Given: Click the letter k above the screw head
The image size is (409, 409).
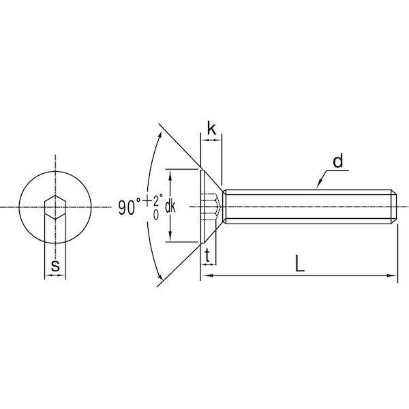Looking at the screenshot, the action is [211, 128].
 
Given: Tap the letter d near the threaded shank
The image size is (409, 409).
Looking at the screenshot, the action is [338, 161].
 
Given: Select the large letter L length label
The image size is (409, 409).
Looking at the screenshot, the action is [300, 263].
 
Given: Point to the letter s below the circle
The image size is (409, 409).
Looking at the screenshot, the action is [55, 266].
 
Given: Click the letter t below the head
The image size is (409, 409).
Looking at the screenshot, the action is [208, 256].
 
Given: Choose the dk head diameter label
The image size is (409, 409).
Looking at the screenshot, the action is [170, 207].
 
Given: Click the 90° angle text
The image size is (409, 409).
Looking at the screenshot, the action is [130, 207].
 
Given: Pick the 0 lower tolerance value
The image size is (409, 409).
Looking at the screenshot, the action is [156, 215].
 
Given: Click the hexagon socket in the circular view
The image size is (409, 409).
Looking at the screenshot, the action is [55, 207].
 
